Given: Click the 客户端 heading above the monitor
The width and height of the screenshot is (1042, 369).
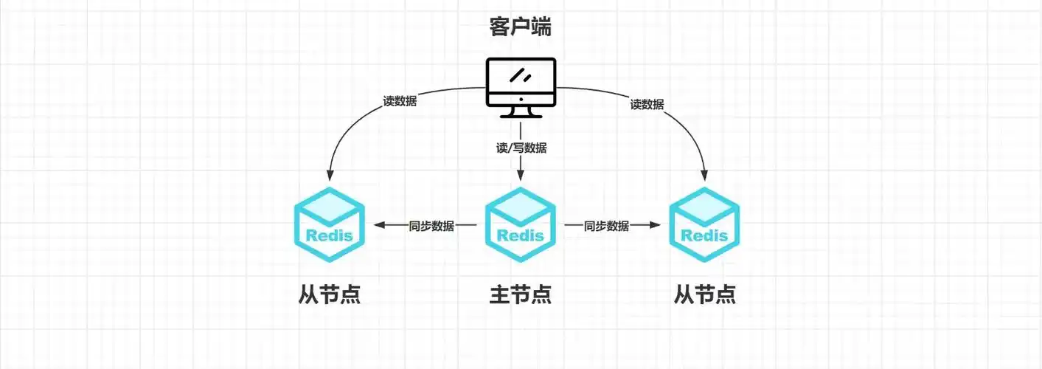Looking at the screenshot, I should [x=521, y=27].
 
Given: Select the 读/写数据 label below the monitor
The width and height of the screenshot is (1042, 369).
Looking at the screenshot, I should [x=521, y=148].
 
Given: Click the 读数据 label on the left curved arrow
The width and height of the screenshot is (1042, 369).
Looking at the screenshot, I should [x=400, y=101].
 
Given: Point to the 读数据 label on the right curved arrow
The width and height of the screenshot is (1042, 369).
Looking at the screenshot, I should [x=647, y=104].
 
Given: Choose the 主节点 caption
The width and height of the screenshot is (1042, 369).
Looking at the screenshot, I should [x=521, y=294].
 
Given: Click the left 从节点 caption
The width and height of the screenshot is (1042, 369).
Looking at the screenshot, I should [x=330, y=294].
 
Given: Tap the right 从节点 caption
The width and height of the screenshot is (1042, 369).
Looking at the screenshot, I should [x=704, y=294].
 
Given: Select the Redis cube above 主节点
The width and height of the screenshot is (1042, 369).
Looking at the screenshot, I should [x=521, y=226].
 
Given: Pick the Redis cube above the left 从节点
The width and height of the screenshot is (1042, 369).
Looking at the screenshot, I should [x=330, y=226].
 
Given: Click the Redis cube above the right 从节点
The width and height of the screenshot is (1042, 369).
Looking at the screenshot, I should [x=704, y=226].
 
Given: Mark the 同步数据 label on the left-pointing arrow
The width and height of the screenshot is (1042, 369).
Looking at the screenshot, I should [x=431, y=226].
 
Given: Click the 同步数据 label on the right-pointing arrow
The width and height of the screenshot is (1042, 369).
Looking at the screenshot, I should [x=606, y=226].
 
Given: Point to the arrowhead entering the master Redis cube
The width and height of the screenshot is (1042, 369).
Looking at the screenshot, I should [x=521, y=177].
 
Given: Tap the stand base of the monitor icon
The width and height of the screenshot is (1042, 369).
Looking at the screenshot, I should [x=521, y=115].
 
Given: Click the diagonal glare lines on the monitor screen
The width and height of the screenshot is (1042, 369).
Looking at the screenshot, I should [x=522, y=75].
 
